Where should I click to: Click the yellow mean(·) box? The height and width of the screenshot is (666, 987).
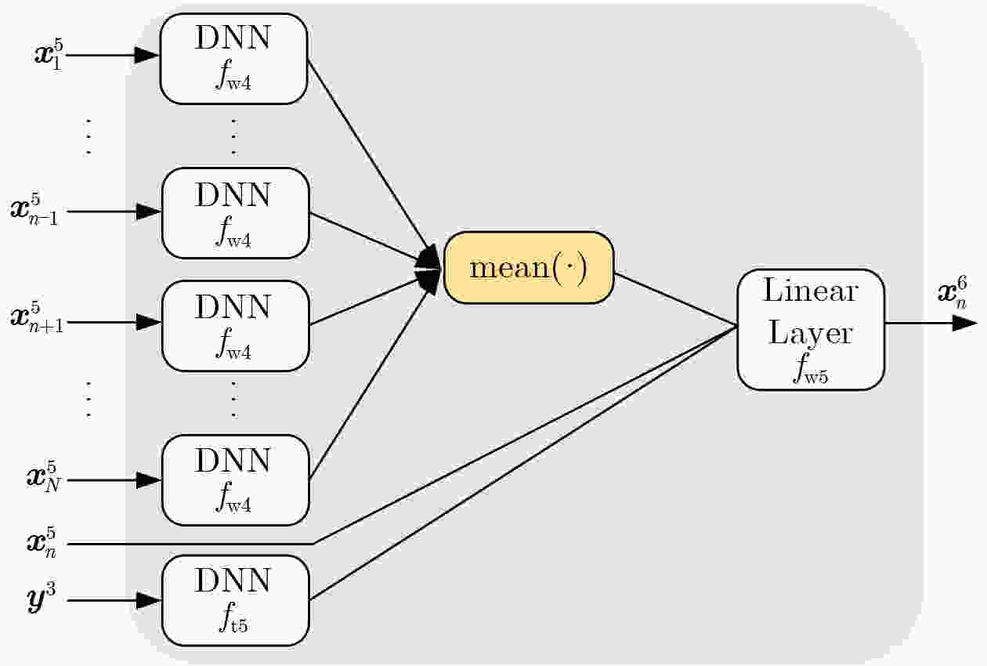tap(529, 267)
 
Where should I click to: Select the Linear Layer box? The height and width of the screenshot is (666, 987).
tap(811, 330)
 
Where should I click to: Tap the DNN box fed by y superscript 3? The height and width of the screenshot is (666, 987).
tap(236, 600)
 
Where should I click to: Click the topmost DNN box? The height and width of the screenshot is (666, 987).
tap(233, 59)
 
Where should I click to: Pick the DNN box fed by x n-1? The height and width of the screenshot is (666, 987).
tap(236, 213)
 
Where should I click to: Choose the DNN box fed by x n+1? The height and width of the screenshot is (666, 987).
tap(236, 326)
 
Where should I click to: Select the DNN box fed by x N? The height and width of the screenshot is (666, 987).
tap(236, 480)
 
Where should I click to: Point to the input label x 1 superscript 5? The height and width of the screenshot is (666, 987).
tap(49, 55)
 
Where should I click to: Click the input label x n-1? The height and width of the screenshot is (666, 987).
tap(34, 210)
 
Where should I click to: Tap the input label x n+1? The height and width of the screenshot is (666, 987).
tap(37, 318)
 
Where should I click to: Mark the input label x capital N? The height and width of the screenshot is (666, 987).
tap(43, 477)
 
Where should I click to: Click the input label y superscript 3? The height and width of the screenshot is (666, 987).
tap(42, 598)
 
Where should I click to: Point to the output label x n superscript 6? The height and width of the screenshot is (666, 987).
tap(953, 291)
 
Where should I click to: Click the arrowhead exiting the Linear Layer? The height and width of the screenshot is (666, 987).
tap(964, 323)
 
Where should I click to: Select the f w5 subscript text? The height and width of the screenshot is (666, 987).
tap(811, 368)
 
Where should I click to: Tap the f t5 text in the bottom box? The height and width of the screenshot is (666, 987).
tap(234, 617)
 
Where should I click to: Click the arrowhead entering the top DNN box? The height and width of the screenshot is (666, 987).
tap(146, 55)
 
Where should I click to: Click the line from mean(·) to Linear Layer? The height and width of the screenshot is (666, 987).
tap(676, 300)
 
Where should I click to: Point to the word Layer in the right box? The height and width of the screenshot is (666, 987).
tap(811, 333)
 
